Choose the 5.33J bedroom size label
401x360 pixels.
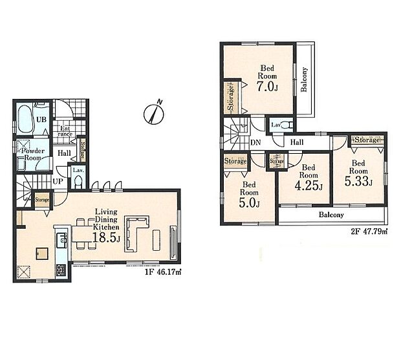click(360, 182)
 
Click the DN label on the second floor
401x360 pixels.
click(255, 142)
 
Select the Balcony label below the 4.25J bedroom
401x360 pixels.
click(331, 215)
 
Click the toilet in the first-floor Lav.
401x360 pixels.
click(78, 184)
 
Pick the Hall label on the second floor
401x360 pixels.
click(298, 142)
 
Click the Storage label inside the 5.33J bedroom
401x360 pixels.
click(367, 140)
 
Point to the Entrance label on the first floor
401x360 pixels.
click(65, 131)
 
